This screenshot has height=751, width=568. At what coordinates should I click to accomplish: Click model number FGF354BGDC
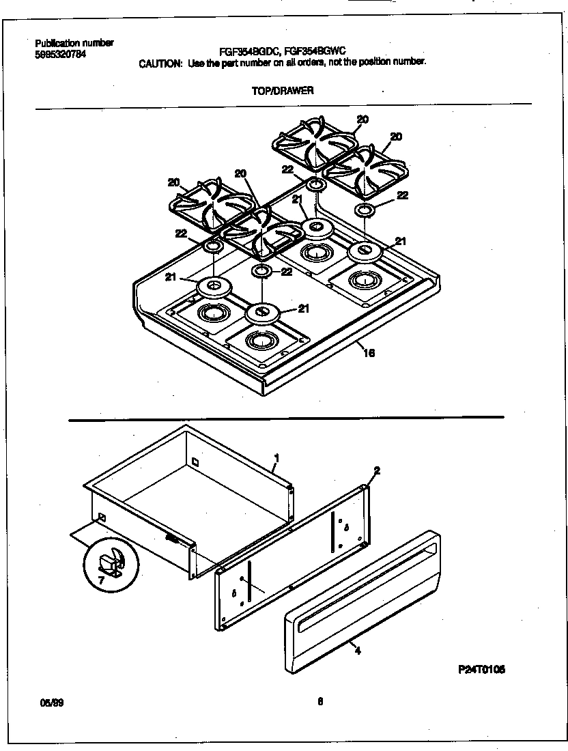pyautogui.click(x=248, y=51)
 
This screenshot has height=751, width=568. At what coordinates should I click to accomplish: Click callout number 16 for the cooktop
pyautogui.click(x=369, y=353)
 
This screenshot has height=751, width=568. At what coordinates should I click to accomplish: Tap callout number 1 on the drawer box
pyautogui.click(x=276, y=457)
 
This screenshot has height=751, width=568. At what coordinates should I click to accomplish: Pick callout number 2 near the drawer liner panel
pyautogui.click(x=377, y=471)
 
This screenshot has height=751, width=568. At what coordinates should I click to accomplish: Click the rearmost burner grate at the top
pyautogui.click(x=314, y=143)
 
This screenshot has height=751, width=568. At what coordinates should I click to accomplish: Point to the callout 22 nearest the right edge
pyautogui.click(x=402, y=195)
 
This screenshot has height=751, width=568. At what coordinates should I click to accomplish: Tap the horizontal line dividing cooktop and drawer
pyautogui.click(x=287, y=417)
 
